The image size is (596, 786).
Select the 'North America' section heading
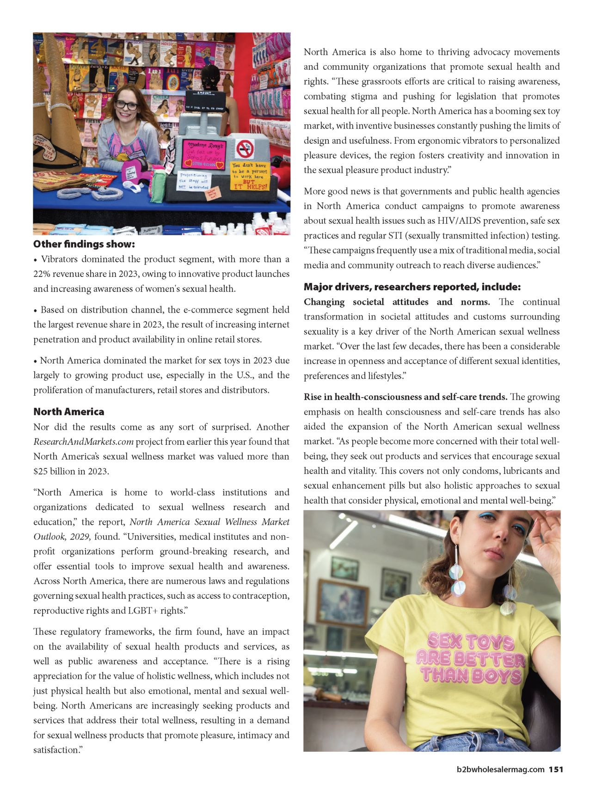coord(68,411)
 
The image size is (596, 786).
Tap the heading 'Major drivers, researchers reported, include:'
coord(412,287)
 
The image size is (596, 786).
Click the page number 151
coord(556,769)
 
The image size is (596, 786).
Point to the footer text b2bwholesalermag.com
coord(500,769)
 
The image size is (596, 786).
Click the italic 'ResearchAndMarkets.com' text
coord(83,442)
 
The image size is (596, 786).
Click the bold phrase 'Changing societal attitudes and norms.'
coord(397,302)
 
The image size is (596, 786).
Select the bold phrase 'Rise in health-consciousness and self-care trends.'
coord(406,397)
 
